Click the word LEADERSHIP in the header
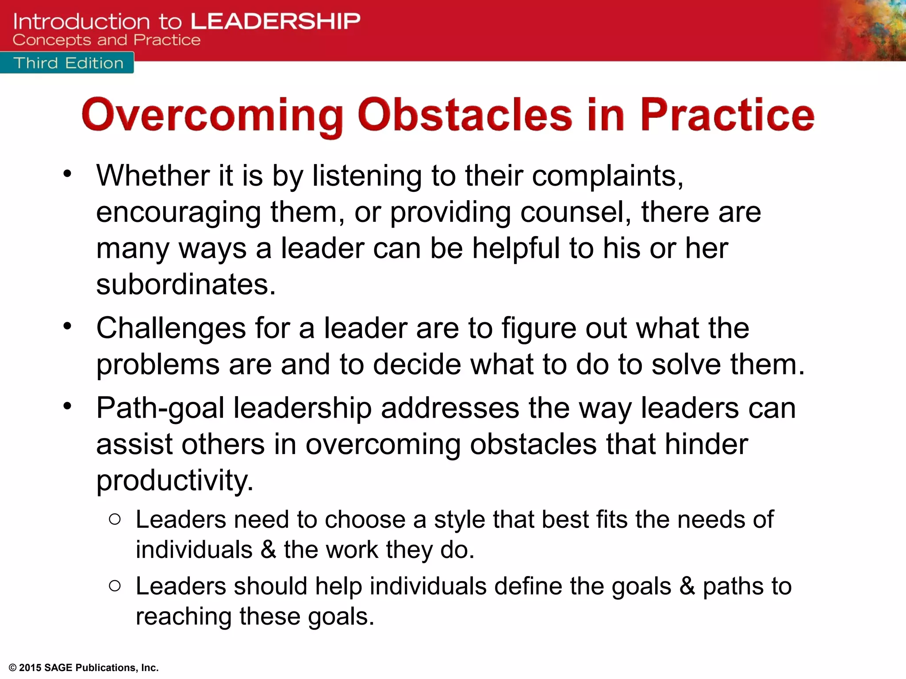pos(275,21)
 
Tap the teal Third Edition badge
pos(68,63)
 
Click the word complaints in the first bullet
pos(607,176)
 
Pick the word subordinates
pos(186,284)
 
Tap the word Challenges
pos(171,328)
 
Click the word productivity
pos(175,481)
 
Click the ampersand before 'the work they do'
pos(268,549)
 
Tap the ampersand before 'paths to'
pos(687,586)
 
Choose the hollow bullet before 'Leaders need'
pos(115,519)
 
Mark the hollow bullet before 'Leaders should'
pos(115,586)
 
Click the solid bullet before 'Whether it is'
pos(67,174)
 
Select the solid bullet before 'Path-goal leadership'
pos(67,406)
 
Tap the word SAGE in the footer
pos(58,668)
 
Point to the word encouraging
pos(178,213)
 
